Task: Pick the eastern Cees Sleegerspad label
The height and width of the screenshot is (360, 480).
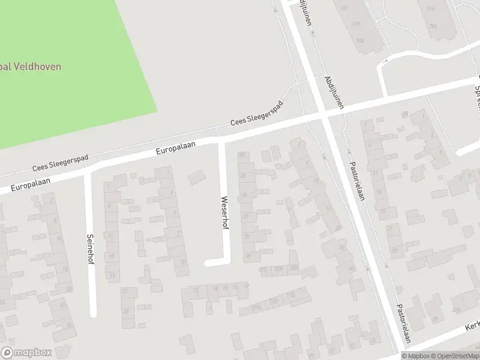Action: click(x=257, y=118)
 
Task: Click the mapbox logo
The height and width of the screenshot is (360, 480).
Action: click(x=25, y=353)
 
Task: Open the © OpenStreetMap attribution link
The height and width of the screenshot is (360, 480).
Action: click(x=454, y=356)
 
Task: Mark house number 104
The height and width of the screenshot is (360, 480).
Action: click(x=359, y=41)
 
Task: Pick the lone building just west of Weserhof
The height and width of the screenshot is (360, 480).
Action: click(x=196, y=178)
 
